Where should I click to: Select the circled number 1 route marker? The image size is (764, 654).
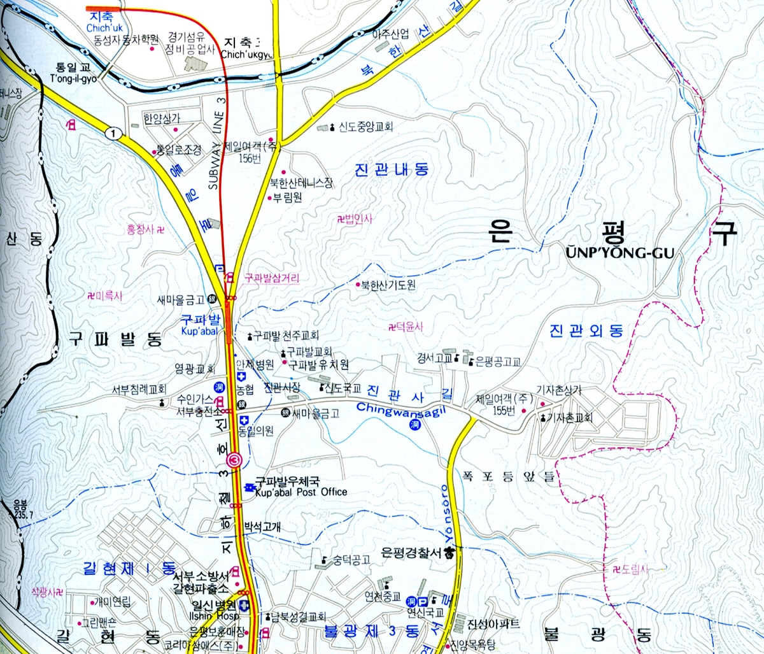point(113,133)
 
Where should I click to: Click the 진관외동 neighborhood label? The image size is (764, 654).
point(586,331)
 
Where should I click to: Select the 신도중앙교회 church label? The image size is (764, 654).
point(365,127)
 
